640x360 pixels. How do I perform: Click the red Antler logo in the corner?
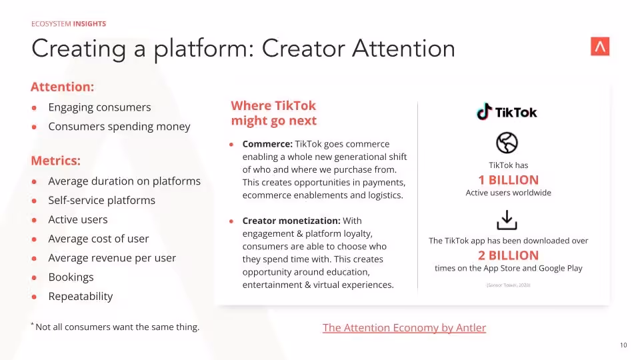pos(600,46)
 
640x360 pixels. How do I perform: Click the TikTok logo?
pos(507,112)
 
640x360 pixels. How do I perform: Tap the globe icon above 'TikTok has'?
pos(507,143)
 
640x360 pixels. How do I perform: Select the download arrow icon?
pos(507,220)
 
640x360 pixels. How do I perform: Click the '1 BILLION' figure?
pos(508,180)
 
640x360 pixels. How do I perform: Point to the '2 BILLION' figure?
pos(508,255)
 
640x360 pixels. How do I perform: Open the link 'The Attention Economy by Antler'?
pos(404,327)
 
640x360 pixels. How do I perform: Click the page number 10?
pos(623,345)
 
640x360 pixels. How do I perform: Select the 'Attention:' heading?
pos(62,87)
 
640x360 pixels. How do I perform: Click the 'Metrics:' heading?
pos(55,161)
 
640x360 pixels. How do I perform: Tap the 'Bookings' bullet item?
pos(71,277)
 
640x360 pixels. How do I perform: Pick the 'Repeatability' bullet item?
pos(80,296)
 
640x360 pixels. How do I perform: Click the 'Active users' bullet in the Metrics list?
pos(77,219)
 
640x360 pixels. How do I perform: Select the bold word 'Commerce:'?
pos(267,144)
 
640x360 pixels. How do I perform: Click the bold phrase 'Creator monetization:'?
pos(291,221)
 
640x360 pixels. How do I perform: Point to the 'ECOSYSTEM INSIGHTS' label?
pos(69,24)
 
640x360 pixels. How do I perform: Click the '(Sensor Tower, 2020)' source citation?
pos(508,285)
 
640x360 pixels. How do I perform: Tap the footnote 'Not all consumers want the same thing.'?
pos(117,327)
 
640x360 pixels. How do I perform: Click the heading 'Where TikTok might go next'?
pos(273,113)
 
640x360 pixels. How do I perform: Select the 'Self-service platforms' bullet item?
pos(101,200)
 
